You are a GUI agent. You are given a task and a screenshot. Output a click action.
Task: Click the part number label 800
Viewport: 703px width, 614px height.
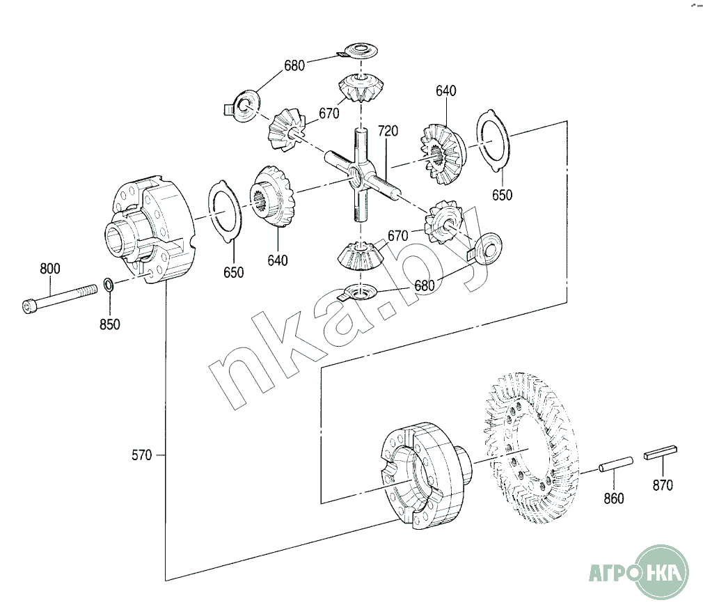click(x=49, y=269)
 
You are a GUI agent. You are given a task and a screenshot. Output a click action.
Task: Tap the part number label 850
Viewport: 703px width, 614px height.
click(x=110, y=324)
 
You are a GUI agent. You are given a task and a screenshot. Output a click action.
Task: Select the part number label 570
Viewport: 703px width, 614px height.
click(x=142, y=455)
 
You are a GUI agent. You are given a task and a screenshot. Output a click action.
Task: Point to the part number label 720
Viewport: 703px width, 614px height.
click(x=388, y=131)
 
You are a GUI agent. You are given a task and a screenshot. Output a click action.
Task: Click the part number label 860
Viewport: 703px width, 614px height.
click(x=614, y=498)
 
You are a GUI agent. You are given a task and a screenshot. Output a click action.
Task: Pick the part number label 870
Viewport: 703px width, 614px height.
click(x=663, y=485)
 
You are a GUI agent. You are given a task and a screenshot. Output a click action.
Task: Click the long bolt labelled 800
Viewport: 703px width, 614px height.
click(x=59, y=299)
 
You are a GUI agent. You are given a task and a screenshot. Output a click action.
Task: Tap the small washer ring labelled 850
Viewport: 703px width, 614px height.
click(x=109, y=284)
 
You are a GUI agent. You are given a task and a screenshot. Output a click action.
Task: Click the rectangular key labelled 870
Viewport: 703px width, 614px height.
click(x=661, y=452)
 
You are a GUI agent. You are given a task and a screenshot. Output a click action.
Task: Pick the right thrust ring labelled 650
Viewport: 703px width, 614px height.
click(x=493, y=141)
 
